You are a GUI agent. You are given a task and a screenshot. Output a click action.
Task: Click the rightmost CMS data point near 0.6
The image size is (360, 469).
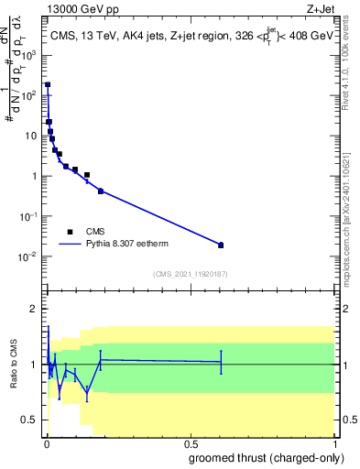pos(221,245)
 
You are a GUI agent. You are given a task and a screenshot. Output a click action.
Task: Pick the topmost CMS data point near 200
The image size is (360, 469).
pos(48,84)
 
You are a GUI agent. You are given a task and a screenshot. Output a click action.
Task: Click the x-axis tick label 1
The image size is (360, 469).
pos(333,443)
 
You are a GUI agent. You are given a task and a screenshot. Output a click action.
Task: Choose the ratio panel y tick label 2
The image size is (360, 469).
pos(34,309)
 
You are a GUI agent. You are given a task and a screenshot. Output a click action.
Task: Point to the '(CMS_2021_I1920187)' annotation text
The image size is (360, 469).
pos(190,274)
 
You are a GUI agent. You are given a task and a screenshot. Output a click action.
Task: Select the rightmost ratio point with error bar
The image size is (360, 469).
pos(221,362)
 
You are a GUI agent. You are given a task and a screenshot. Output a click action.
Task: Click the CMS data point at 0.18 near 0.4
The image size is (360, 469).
pos(100,191)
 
